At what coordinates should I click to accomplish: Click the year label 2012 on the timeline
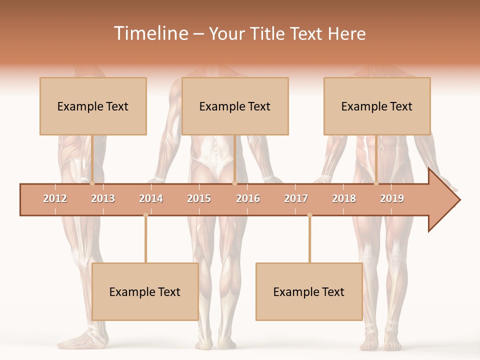pos(55,198)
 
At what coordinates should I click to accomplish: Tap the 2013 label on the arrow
pos(103,198)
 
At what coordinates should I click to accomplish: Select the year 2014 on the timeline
pos(151,198)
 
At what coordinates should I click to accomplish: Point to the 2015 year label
pos(199,198)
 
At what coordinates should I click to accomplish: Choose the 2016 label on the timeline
pos(248,198)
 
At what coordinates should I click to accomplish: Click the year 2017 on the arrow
pos(296,198)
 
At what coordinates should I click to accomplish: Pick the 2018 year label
pos(344,198)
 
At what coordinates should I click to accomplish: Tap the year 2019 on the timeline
pos(392,198)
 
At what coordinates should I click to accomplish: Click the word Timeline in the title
pos(150,33)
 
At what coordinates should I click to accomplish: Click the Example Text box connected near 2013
pos(93,106)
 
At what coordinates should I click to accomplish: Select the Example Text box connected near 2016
pos(235,106)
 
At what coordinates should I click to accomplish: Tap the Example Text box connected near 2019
pos(377,106)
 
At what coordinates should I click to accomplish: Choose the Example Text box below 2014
pos(145,291)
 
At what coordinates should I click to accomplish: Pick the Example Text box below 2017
pos(309,291)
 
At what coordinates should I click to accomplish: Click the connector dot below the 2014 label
pos(145,215)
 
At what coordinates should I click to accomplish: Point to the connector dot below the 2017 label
pos(309,215)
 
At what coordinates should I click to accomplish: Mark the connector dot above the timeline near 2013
pos(92,183)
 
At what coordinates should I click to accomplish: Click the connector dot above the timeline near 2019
pos(376,183)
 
